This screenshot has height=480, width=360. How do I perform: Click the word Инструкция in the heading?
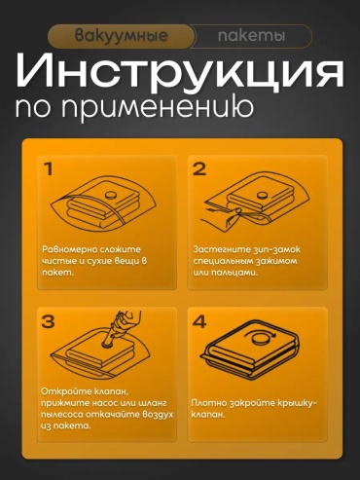pyautogui.click(x=180, y=72)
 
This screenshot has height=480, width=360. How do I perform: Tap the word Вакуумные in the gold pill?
pyautogui.click(x=122, y=36)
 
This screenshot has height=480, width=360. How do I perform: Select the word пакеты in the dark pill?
pyautogui.click(x=251, y=36)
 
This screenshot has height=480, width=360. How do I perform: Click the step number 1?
pyautogui.click(x=49, y=169)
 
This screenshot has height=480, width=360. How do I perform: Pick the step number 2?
pyautogui.click(x=199, y=169)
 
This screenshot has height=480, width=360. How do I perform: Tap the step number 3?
pyautogui.click(x=48, y=321)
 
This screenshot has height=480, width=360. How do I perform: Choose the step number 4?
pyautogui.click(x=199, y=321)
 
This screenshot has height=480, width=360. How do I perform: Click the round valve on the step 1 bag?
pyautogui.click(x=110, y=196)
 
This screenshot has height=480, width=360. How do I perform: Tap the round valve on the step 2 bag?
pyautogui.click(x=262, y=196)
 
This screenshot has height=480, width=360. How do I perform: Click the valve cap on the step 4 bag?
pyautogui.click(x=261, y=341)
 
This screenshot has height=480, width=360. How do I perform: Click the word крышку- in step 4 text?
pyautogui.click(x=297, y=403)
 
